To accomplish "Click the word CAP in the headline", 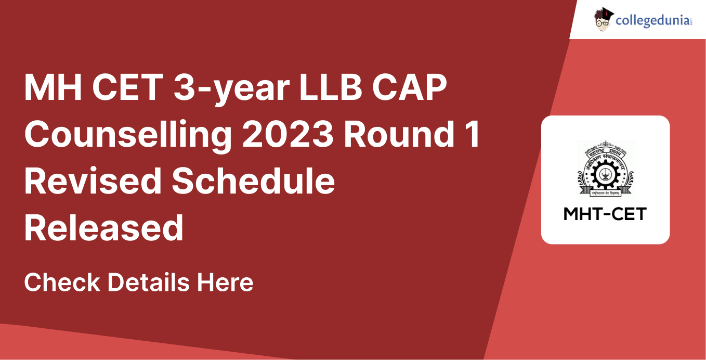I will coord(416,88).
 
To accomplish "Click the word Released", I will coord(104,228).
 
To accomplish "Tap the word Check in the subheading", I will coord(62,282).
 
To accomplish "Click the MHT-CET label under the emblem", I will coord(605,214).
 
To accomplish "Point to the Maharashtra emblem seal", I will coord(605,169).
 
